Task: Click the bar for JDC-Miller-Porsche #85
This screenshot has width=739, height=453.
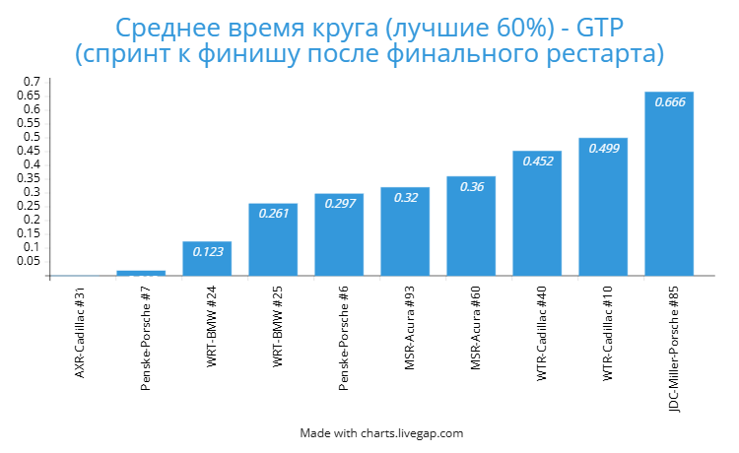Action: coord(669,183)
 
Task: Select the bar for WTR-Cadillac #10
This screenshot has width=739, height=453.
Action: coord(603,207)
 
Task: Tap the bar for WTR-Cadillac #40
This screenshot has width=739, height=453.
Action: coord(537,213)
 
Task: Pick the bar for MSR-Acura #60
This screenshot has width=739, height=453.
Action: coord(471,226)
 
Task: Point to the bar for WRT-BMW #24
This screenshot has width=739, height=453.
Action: coord(207,258)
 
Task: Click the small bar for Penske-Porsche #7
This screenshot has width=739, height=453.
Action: coord(141,273)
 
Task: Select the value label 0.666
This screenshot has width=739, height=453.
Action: coord(669,103)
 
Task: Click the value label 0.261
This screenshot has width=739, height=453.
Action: coord(273,214)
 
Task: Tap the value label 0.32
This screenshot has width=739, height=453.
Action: coord(405,198)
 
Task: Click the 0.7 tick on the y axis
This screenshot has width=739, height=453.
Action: coord(33,81)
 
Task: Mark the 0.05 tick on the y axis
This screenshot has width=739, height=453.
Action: coord(30,261)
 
